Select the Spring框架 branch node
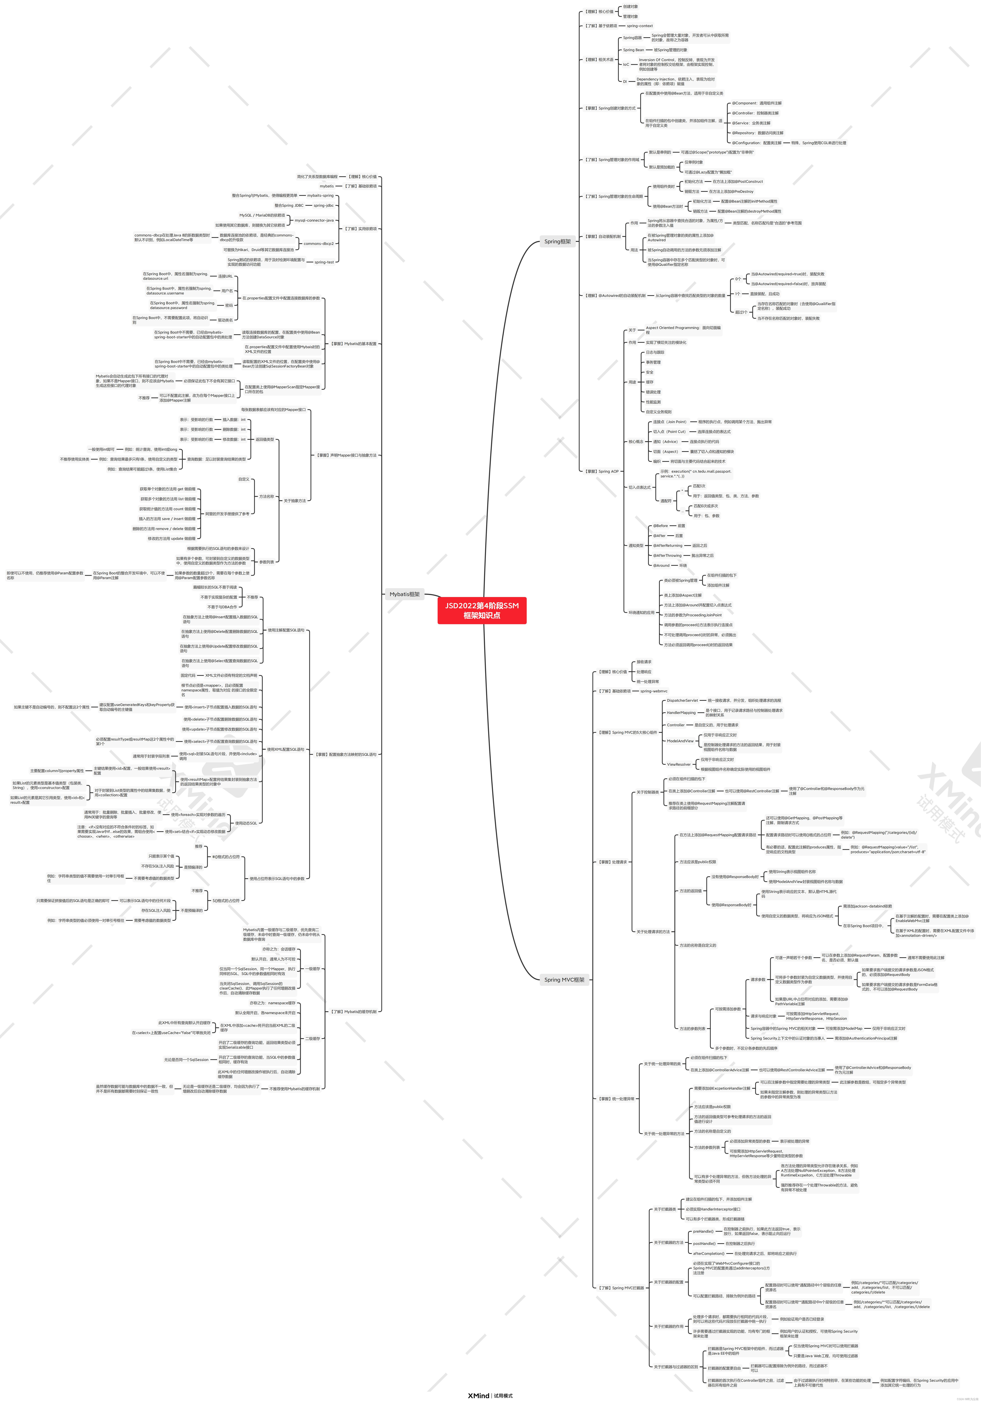(x=557, y=241)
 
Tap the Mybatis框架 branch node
(x=404, y=594)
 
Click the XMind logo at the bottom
(x=478, y=1395)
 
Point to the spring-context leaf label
(x=640, y=26)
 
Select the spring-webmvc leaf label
(x=654, y=691)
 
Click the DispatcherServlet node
(x=682, y=700)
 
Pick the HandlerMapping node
(x=681, y=713)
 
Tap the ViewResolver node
(x=679, y=764)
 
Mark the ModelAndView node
(x=680, y=741)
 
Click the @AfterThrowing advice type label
(x=667, y=556)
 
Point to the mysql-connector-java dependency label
(x=314, y=220)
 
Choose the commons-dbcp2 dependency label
(x=318, y=244)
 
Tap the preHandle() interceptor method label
(x=703, y=1232)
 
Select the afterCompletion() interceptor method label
(x=709, y=1254)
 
